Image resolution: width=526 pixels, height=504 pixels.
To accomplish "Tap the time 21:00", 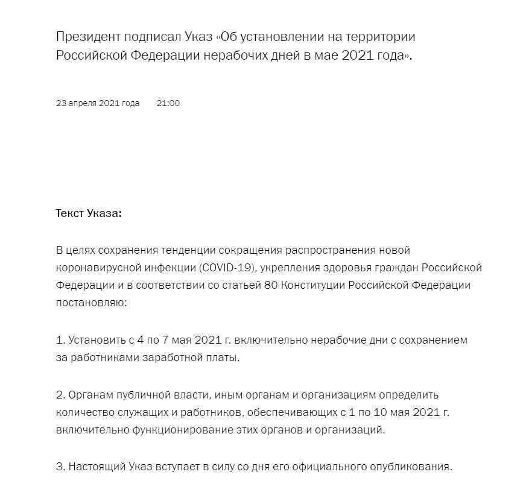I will pos(168,103).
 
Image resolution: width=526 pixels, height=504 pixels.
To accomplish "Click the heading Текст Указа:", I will pos(89,214).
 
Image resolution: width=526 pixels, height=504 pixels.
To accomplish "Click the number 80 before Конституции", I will pos(271,285).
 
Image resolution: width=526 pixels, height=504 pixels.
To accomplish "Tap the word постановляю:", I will pos(92,303).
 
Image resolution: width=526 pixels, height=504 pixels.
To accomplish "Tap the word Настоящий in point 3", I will pos(97,467).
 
